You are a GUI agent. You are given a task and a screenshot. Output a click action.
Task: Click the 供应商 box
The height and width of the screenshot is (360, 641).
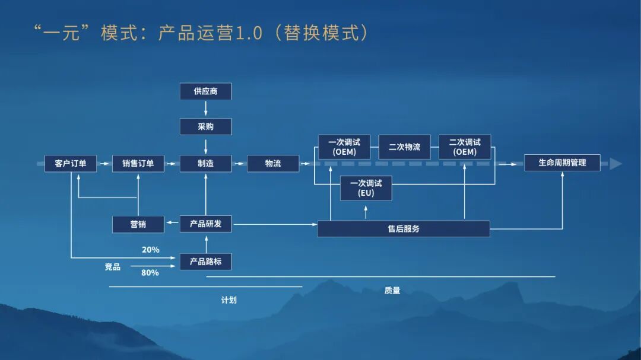205,91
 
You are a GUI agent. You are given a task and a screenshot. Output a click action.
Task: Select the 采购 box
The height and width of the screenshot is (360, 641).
205,126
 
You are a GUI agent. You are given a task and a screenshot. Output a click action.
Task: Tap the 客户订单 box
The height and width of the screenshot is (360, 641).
70,163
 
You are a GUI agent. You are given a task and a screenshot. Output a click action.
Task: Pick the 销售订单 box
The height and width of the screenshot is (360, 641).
138,163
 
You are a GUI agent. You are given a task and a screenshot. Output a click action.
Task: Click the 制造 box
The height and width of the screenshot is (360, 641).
205,163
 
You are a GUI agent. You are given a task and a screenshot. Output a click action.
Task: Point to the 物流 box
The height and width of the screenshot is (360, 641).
273,163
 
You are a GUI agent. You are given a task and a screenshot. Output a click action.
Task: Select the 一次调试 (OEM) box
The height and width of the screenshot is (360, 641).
344,146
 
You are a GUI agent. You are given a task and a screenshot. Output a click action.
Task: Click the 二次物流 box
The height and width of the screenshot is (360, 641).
404,146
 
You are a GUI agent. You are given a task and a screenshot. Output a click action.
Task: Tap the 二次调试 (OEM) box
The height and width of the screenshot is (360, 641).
465,146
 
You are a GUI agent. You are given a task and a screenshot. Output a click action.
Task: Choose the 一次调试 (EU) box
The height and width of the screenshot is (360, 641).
366,188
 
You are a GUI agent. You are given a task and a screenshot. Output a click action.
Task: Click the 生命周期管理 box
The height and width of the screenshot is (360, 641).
561,163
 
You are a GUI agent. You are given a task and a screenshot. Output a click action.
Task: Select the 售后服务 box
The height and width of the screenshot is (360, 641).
404,228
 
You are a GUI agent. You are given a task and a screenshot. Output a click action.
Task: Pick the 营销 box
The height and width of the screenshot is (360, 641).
138,224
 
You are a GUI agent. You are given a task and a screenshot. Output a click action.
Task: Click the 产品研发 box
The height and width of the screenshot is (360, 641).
205,224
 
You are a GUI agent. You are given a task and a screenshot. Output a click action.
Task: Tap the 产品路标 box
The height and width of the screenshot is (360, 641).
205,261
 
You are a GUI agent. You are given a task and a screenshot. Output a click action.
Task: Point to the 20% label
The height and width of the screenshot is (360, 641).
150,250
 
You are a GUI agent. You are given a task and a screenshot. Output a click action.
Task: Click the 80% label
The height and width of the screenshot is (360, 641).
150,273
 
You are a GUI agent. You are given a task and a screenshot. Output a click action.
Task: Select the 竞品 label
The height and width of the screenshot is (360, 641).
113,267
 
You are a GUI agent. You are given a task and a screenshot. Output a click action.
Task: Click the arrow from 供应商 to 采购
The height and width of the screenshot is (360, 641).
205,109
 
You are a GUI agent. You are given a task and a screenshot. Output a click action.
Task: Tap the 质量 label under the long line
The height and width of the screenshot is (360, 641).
392,291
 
